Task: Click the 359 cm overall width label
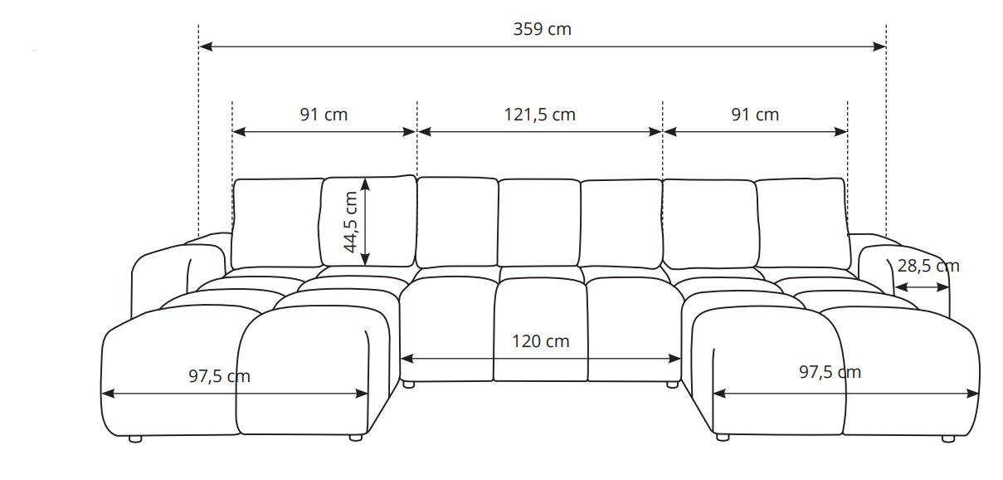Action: pyautogui.click(x=542, y=29)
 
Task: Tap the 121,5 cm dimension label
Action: pyautogui.click(x=539, y=115)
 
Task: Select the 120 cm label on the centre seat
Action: pyautogui.click(x=540, y=341)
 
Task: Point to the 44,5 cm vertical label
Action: pyautogui.click(x=350, y=222)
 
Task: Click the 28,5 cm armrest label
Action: pyautogui.click(x=928, y=267)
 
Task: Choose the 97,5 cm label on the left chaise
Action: pyautogui.click(x=219, y=376)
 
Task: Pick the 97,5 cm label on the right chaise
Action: pyautogui.click(x=830, y=372)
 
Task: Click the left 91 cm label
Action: pyautogui.click(x=324, y=115)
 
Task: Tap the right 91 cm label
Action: pyautogui.click(x=755, y=115)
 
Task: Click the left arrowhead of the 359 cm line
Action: pyautogui.click(x=206, y=47)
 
